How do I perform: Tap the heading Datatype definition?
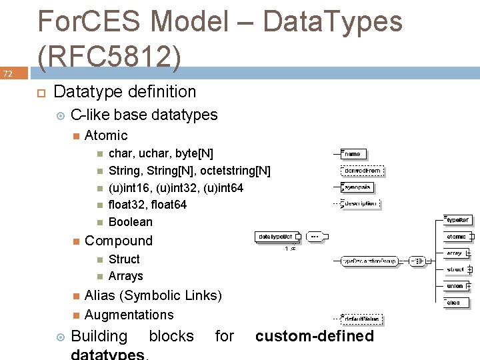tap(125, 92)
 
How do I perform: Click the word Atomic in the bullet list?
tap(106, 135)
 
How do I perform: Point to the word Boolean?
tap(131, 222)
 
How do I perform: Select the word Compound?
tap(119, 241)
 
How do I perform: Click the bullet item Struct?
tap(124, 259)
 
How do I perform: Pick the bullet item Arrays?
tap(125, 276)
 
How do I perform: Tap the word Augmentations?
tap(129, 315)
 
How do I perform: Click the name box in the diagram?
tap(353, 154)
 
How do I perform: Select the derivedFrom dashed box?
tap(363, 171)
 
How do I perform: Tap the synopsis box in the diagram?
tap(359, 187)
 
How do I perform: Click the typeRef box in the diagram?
tap(458, 219)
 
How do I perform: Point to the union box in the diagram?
tap(455, 286)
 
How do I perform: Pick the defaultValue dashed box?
tap(363, 319)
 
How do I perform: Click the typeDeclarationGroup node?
tap(371, 261)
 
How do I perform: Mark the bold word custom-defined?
tap(315, 337)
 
